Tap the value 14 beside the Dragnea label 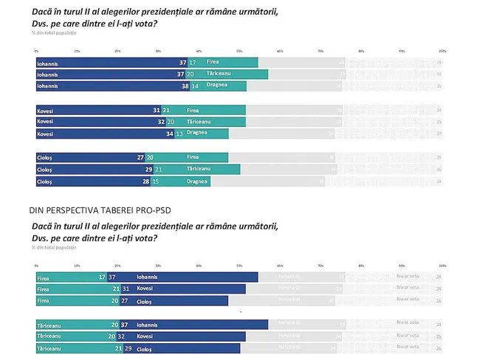coord(195,86)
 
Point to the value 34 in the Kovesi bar coord(169,134)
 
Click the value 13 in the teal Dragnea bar coord(179,134)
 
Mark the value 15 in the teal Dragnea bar coord(156,181)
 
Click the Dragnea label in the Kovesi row coord(197,133)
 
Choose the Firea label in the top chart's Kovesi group coord(193,110)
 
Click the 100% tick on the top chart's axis coord(442,51)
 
